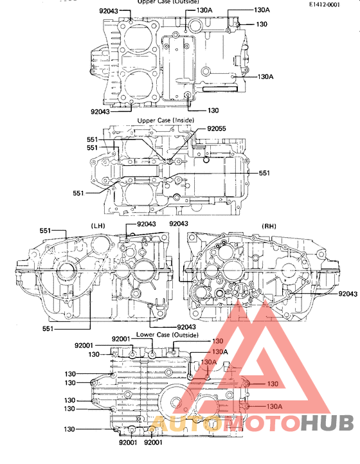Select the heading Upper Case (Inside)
coord(163,121)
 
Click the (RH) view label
coord(269,226)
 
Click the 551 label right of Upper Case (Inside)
coord(264,174)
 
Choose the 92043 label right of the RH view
coord(347,294)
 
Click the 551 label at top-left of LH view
coord(45,231)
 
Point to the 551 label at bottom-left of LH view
coord(48,328)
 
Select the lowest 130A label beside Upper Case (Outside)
coord(265,76)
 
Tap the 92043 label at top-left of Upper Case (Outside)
coord(109,11)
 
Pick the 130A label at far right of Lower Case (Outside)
coord(274,406)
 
